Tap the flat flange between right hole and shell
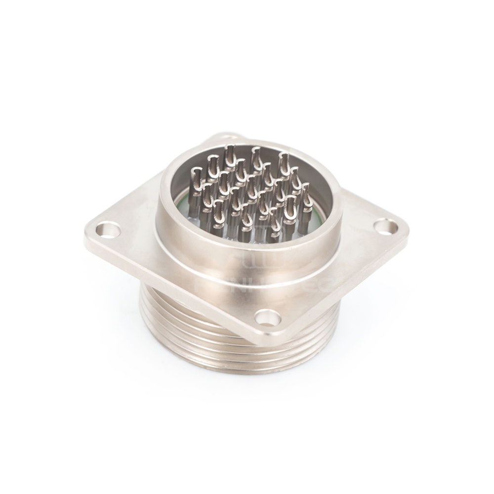click(x=361, y=232)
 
